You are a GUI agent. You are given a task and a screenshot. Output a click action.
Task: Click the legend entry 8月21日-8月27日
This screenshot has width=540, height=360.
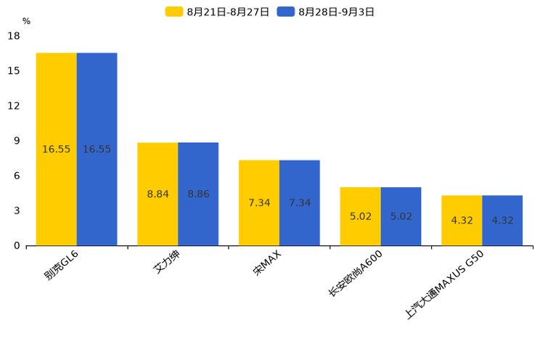[x=218, y=12]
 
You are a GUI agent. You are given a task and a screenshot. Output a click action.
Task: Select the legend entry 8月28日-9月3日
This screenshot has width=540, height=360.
[x=327, y=12]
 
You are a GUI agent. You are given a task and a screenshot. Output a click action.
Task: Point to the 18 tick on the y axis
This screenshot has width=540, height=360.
[x=14, y=36]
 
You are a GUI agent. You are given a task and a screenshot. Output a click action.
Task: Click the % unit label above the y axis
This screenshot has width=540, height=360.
[x=26, y=21]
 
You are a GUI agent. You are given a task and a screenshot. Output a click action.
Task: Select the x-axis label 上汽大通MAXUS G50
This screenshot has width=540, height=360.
[x=443, y=284]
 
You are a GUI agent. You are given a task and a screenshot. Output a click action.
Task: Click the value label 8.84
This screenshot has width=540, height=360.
[x=157, y=195]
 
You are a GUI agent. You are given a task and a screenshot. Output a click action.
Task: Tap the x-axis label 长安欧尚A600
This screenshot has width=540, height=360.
[x=355, y=272]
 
